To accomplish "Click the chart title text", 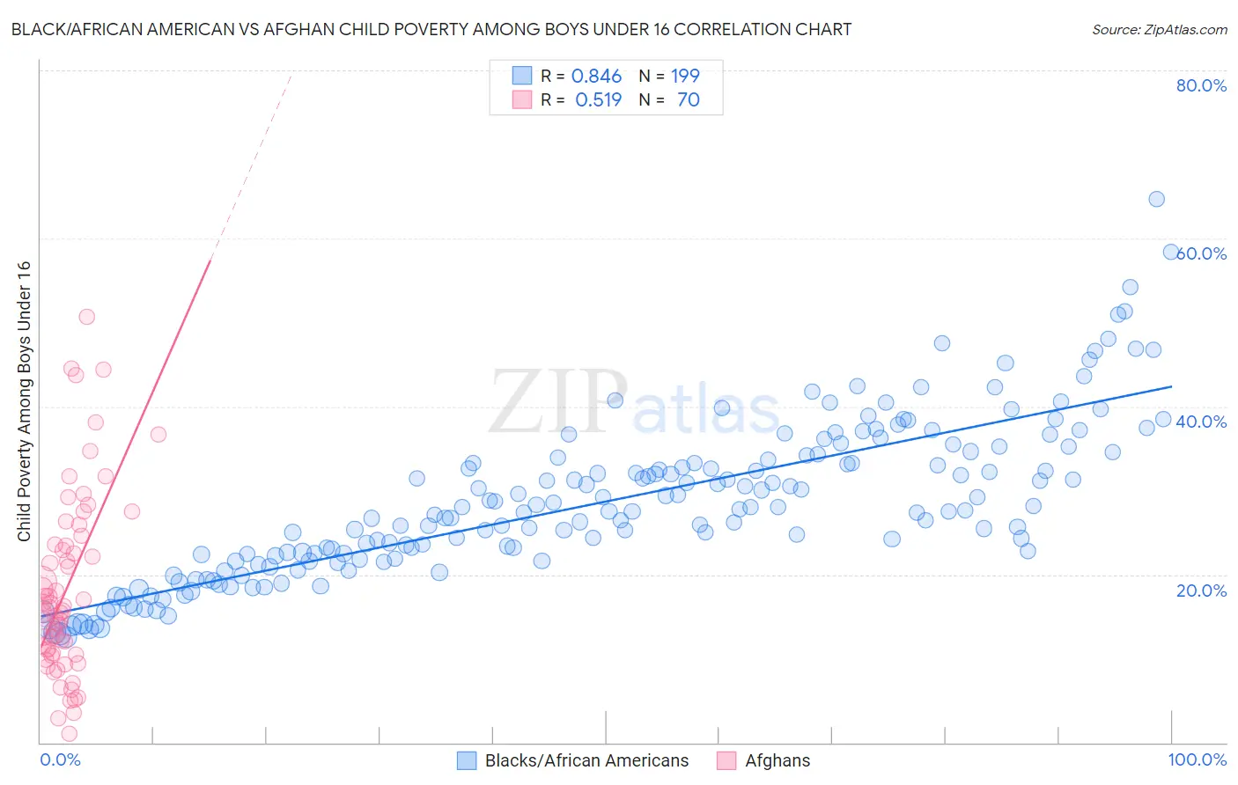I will (x=431, y=29).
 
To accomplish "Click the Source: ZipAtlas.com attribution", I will (x=1159, y=29).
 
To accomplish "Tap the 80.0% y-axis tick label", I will (x=1201, y=85).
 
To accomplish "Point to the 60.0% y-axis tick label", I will (x=1203, y=253).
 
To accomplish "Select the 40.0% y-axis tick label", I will (x=1201, y=422).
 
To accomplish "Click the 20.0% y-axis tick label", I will (x=1201, y=591).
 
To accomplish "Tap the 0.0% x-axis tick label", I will (x=60, y=759).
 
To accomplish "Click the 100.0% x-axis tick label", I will (x=1197, y=759).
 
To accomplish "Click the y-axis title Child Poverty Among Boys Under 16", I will (x=24, y=401).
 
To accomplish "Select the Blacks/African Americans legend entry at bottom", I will (x=586, y=760).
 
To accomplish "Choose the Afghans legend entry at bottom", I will (x=777, y=760).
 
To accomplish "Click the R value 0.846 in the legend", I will (x=596, y=77).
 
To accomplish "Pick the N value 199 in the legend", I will (x=685, y=77).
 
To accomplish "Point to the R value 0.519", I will (x=598, y=100).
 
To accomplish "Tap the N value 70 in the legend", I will (x=688, y=100).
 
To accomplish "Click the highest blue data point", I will (x=1156, y=199).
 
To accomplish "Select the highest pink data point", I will (x=86, y=317).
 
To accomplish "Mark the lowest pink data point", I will (x=69, y=733).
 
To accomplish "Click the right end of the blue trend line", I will (x=1171, y=386).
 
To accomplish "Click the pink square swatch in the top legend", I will (x=522, y=100).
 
